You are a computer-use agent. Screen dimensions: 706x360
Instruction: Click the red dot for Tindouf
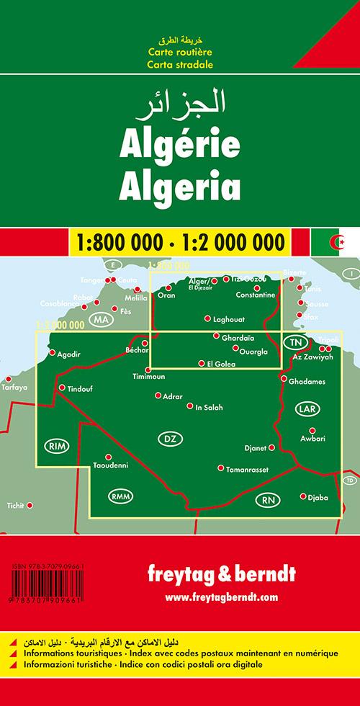click(61, 388)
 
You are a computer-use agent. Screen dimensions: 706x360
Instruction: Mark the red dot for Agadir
click(52, 353)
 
